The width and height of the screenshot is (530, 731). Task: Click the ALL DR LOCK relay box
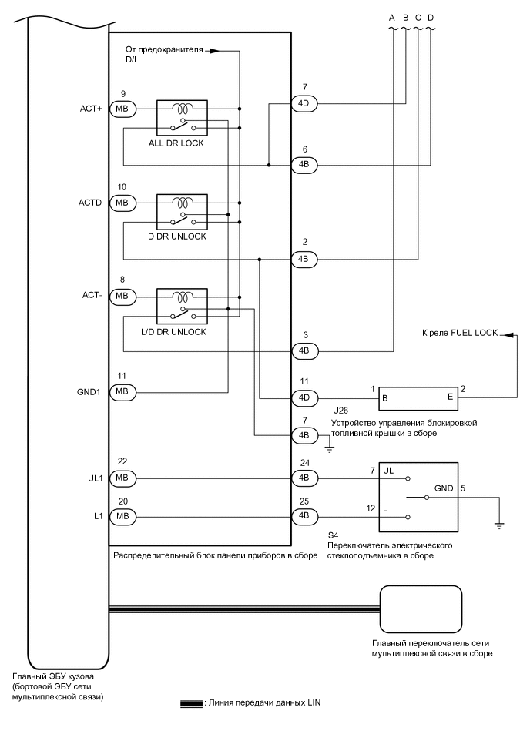point(182,118)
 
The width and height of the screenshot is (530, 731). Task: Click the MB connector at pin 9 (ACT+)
point(122,109)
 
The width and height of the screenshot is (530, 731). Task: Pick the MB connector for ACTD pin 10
point(122,203)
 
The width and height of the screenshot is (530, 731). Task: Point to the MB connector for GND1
point(122,392)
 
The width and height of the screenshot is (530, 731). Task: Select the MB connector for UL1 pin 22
point(122,478)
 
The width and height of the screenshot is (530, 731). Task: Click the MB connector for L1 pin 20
point(122,515)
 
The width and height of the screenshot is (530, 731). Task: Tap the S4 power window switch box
point(418,497)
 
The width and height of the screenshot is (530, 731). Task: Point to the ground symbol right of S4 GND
point(500,525)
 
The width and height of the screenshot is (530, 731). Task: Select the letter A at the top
point(393,17)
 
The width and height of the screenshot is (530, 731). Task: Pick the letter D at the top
point(430,17)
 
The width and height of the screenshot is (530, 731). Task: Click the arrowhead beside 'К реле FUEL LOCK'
point(504,334)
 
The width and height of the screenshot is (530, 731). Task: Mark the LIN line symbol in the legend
point(191,703)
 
